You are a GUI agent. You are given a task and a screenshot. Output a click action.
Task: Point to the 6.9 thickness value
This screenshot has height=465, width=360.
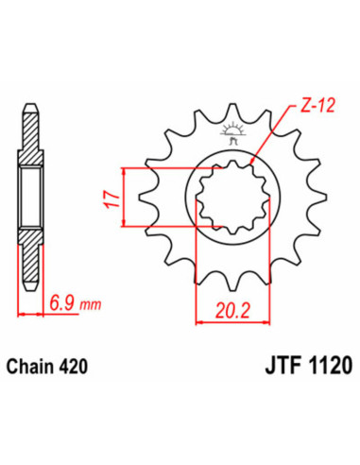coord(60,305)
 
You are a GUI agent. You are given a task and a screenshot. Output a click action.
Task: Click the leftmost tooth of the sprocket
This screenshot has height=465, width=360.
coord(142,198)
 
